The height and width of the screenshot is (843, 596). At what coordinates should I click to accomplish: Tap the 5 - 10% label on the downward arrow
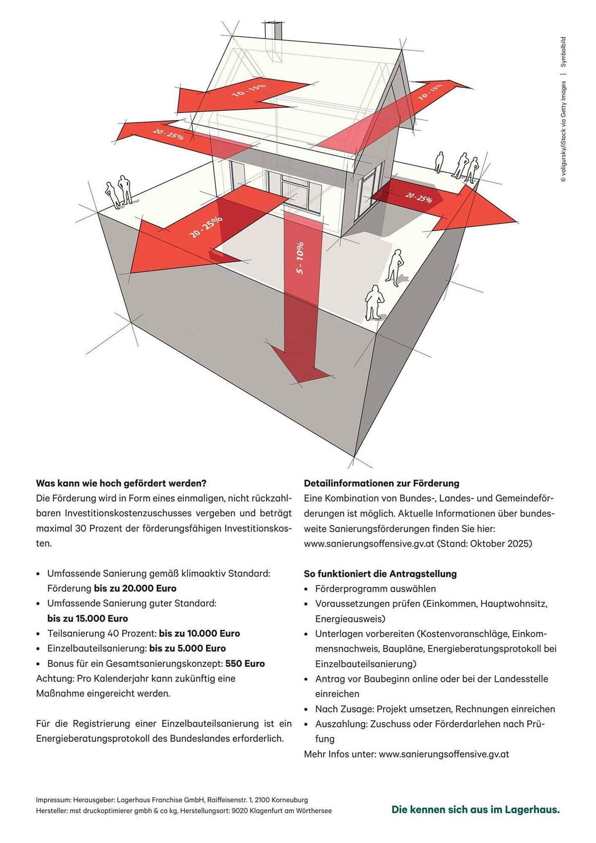pos(300,258)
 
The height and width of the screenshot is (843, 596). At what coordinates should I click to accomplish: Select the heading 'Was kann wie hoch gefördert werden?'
pos(121,483)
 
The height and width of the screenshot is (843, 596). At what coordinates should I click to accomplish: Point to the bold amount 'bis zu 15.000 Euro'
pos(87,618)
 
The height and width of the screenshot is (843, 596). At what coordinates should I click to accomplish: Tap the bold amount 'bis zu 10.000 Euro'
pos(199,633)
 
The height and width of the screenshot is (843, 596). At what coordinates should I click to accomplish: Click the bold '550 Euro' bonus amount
pos(245,663)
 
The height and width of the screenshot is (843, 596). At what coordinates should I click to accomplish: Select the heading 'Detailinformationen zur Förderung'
pos(381,483)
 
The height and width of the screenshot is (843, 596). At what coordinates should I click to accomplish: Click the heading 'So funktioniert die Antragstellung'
pos(380,574)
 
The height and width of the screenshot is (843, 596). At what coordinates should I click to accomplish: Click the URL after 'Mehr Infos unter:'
pos(444,754)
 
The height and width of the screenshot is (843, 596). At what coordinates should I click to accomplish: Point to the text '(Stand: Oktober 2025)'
pos(484,543)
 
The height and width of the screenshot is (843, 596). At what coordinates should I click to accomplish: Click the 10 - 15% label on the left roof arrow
pos(249,90)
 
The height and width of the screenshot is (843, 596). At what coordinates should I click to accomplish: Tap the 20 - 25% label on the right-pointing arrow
pos(418,197)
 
